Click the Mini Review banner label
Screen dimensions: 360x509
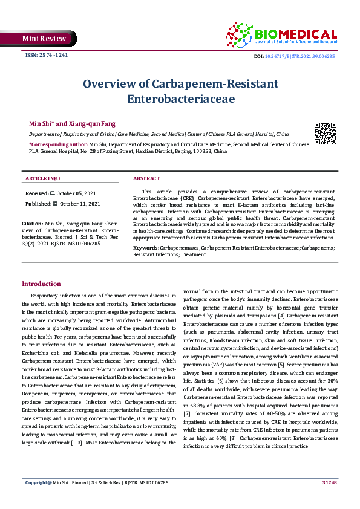tap(35, 38)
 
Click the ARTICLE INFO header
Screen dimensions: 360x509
tap(42, 178)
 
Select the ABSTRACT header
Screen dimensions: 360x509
tap(146, 178)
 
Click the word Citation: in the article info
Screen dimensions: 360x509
tap(34, 223)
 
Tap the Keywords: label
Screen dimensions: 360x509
tap(146, 248)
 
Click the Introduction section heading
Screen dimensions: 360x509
tap(41, 284)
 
